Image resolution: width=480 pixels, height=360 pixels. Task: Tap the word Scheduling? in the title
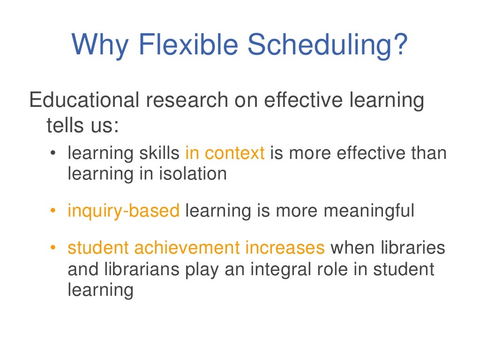tap(326, 45)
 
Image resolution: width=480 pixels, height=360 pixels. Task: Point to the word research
tap(183, 101)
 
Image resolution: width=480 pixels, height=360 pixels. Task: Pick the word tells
tap(64, 126)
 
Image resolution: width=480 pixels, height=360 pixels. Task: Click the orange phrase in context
tap(225, 154)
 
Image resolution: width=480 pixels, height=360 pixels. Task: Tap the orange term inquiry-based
tap(124, 211)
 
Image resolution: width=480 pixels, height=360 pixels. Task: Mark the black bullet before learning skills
tap(53, 154)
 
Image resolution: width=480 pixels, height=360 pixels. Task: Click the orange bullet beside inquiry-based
tap(53, 211)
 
